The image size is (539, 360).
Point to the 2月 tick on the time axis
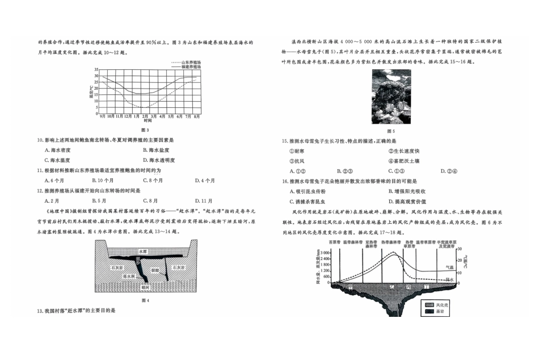point(145,116)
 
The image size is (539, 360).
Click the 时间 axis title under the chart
point(148,121)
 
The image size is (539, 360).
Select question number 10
point(40,140)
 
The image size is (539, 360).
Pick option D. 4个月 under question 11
point(205,181)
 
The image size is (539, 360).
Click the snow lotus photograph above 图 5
point(391,97)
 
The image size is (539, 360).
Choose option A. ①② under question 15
point(297,171)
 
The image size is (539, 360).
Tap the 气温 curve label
point(449,267)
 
